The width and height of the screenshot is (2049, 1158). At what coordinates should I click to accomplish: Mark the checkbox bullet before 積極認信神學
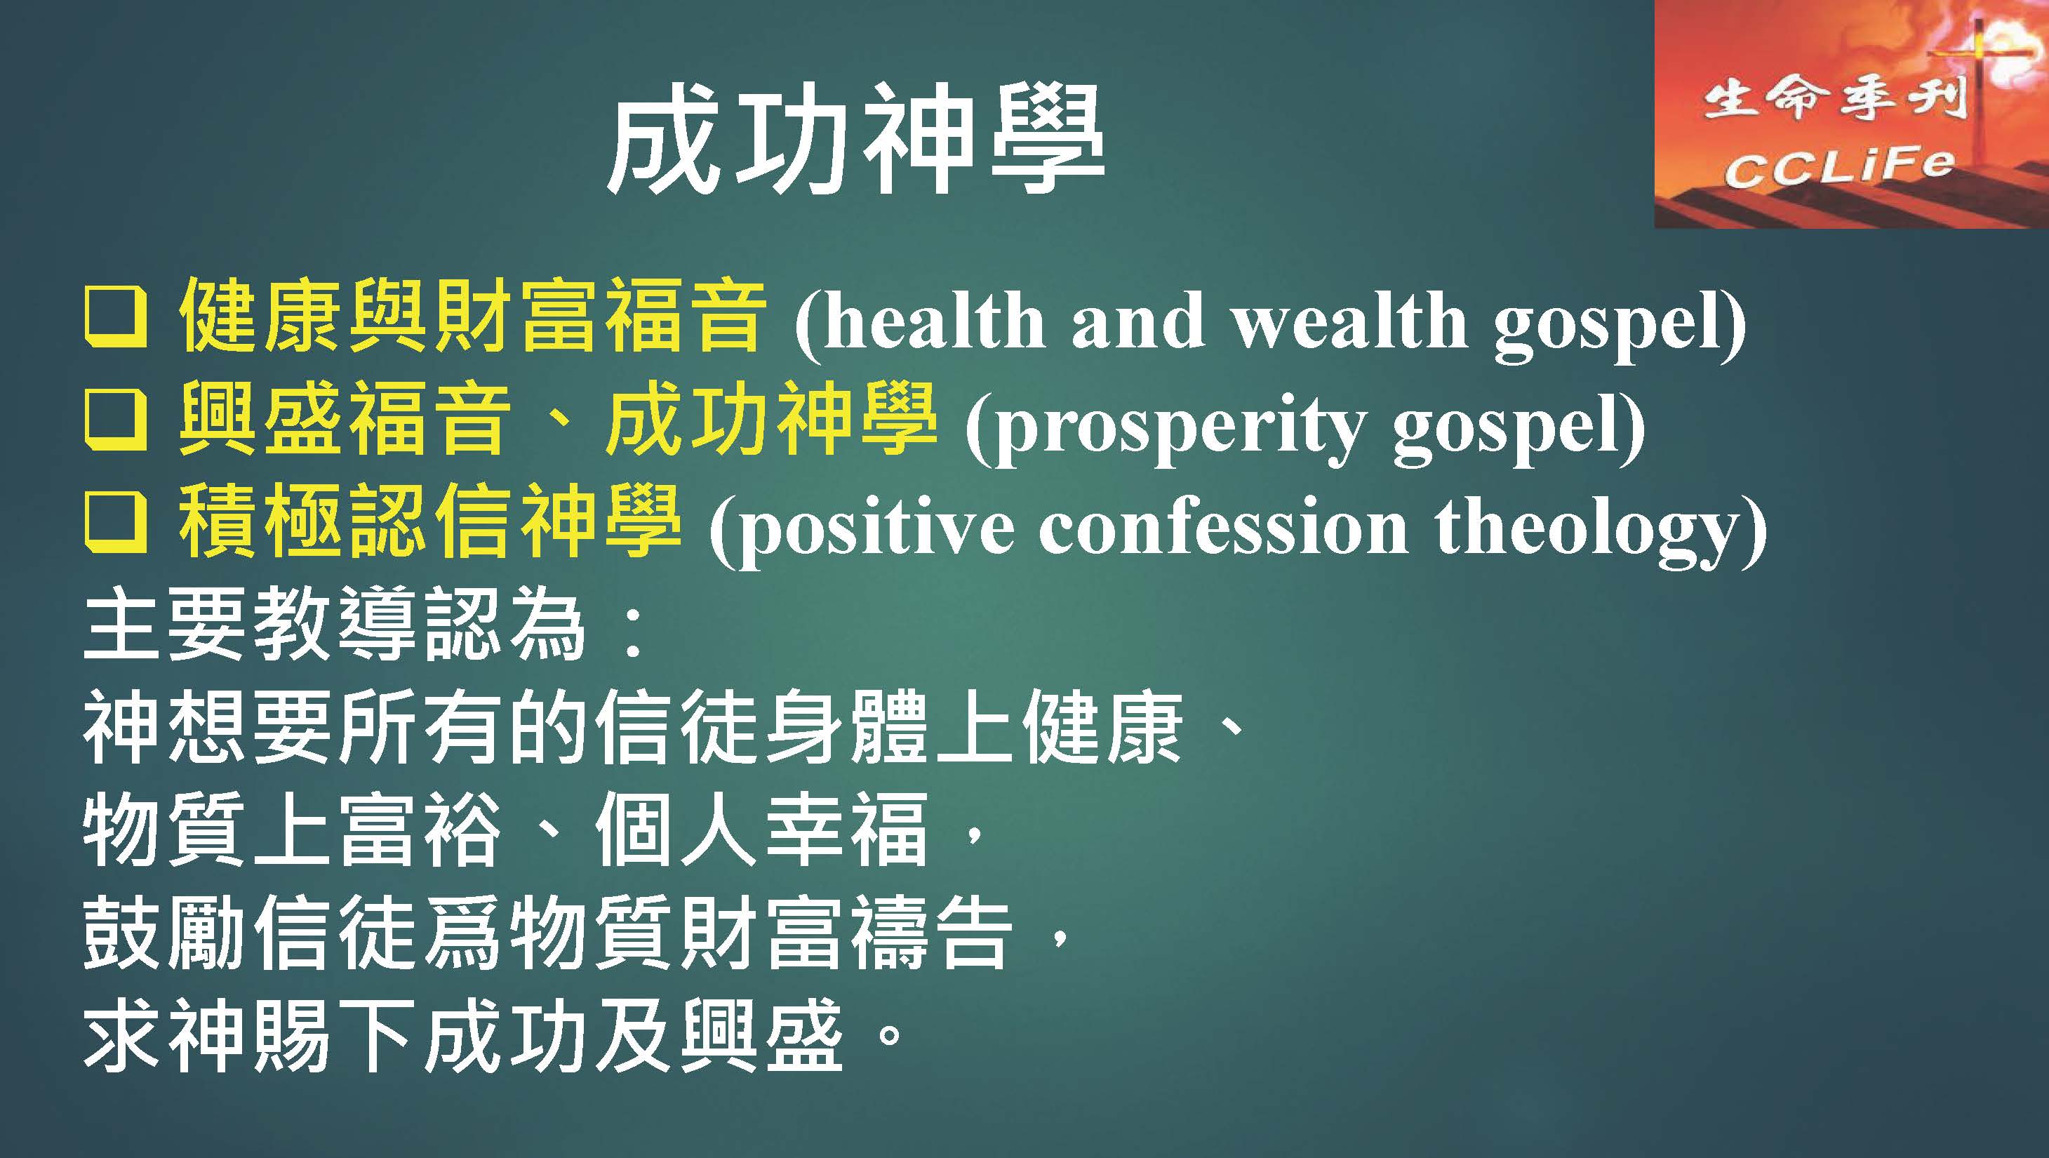(x=115, y=525)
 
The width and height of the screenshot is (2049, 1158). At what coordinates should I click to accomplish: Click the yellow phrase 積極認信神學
(x=430, y=524)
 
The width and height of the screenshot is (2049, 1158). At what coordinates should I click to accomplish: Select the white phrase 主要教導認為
(x=335, y=626)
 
